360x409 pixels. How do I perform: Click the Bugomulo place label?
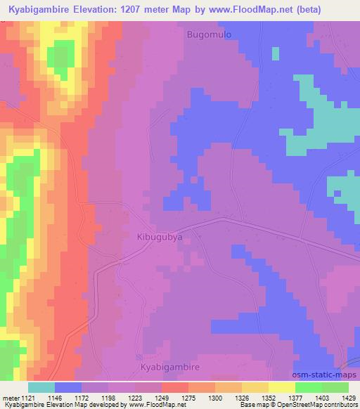208,34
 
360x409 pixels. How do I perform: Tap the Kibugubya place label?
160,238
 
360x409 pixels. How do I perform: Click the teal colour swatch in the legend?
41,387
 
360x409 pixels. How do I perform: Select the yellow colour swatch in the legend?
282,387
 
